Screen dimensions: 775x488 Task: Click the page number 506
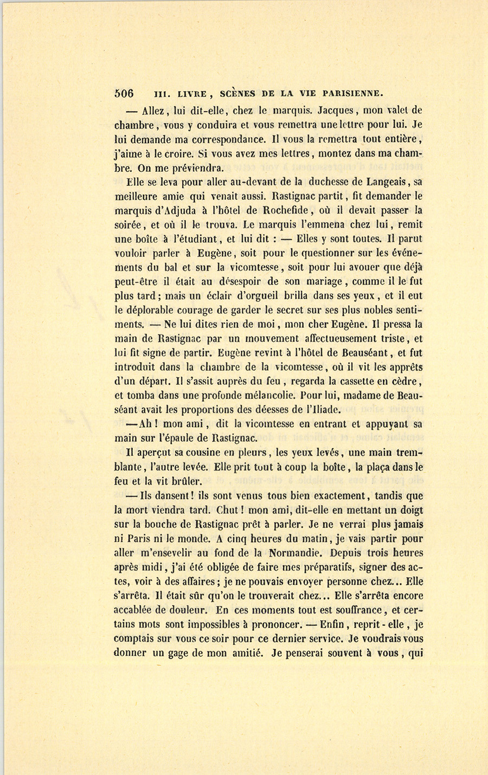(124, 93)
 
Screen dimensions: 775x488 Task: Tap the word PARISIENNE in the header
(352, 93)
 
